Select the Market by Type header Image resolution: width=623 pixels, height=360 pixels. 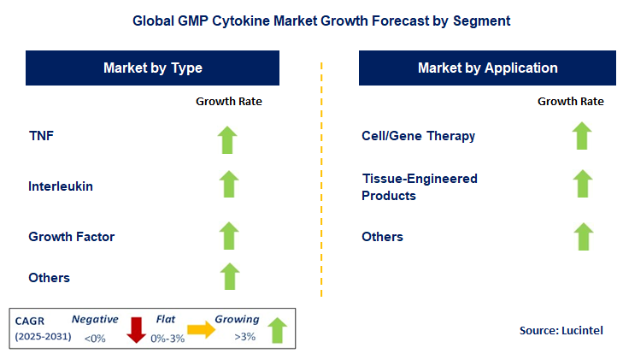point(153,68)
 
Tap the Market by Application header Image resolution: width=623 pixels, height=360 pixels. point(487,68)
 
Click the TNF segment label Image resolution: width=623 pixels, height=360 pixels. point(41,135)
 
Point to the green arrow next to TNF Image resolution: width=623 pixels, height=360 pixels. point(228,139)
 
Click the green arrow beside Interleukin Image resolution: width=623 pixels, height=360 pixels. point(228,185)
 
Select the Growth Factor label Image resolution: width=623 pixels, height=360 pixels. point(71,236)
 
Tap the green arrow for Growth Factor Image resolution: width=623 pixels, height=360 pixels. point(228,235)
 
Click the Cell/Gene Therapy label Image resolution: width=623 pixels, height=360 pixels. point(419,135)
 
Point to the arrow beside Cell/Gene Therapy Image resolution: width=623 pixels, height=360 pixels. point(582,136)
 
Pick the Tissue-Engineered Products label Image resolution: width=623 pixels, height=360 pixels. point(419,186)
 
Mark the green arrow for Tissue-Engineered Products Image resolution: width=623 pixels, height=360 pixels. point(582,184)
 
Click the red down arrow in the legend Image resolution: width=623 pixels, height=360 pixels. point(136,329)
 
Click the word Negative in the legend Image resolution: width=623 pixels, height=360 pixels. point(95,318)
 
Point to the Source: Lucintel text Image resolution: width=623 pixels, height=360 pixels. point(561,329)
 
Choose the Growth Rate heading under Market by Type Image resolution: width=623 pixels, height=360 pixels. point(228,101)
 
